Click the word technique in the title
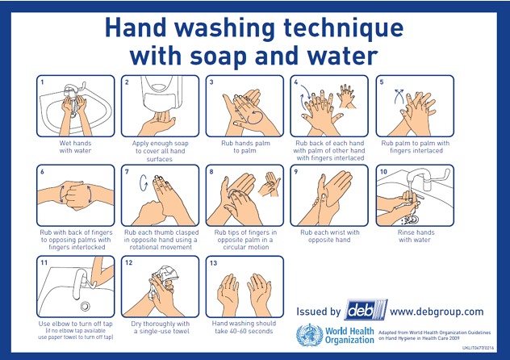pos(344,29)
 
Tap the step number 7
pos(127,172)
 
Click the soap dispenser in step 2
pos(161,94)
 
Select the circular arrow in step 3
pos(254,117)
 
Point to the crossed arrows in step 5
pos(399,96)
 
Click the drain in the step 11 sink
pos(86,306)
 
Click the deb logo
pos(366,310)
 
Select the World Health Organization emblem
pos(309,335)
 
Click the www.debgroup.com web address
pos(437,312)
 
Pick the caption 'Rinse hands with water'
pos(416,236)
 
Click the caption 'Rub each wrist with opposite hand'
pos(329,236)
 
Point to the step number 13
pos(213,263)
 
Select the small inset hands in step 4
pos(347,96)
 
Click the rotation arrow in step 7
pos(144,182)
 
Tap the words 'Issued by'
pos(318,312)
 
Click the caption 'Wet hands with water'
pos(75,147)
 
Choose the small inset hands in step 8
pos(270,184)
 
